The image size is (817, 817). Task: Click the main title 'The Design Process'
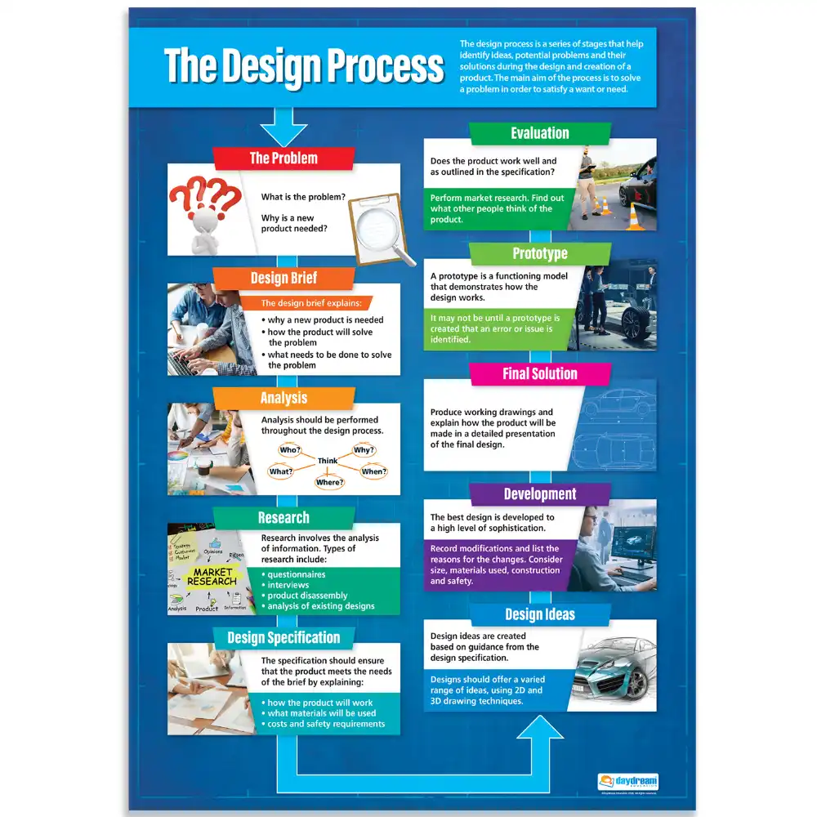point(304,66)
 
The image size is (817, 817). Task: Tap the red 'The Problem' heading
point(283,158)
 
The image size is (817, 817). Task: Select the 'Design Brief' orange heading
point(283,278)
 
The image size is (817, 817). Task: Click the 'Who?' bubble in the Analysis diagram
point(290,450)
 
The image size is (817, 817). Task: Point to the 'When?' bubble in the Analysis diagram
point(373,471)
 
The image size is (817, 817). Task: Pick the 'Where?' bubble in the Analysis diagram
point(329,482)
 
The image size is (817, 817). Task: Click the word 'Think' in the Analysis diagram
point(328,461)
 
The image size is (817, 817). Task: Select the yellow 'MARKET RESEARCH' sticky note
point(212,577)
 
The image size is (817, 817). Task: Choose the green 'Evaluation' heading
point(539,133)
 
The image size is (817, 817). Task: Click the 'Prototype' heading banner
point(539,253)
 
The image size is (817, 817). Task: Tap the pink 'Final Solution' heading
point(539,373)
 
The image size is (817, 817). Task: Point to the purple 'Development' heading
point(539,493)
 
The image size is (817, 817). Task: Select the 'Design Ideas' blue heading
point(539,614)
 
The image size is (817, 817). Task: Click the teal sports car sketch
point(613,666)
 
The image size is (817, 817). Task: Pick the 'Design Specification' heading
point(283,637)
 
